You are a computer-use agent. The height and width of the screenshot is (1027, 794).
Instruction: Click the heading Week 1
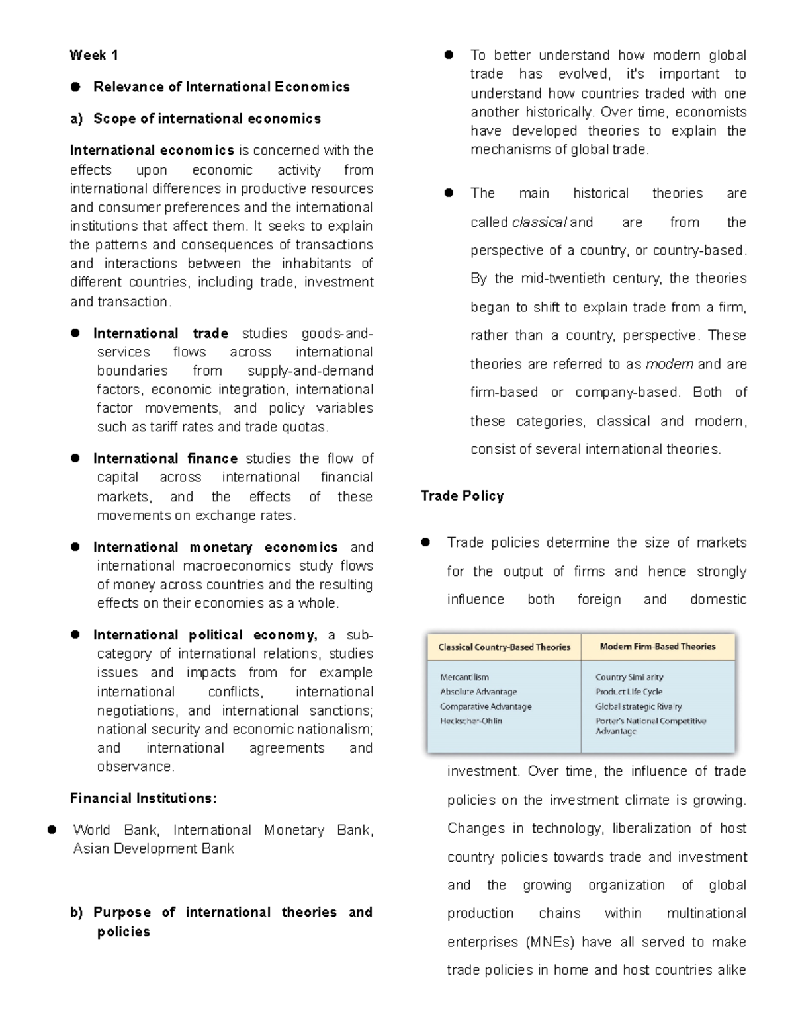pyautogui.click(x=93, y=55)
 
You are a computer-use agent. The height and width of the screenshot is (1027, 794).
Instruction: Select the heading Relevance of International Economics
pyautogui.click(x=221, y=87)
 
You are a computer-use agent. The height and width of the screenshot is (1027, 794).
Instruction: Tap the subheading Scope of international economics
pyautogui.click(x=206, y=118)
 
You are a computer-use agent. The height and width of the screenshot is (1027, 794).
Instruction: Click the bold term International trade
pyautogui.click(x=161, y=333)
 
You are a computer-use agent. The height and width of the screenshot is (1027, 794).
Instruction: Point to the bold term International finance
pyautogui.click(x=165, y=458)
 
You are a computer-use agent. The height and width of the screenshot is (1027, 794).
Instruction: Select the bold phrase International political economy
pyautogui.click(x=205, y=635)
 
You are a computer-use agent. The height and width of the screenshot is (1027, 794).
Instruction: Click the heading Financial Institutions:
pyautogui.click(x=143, y=798)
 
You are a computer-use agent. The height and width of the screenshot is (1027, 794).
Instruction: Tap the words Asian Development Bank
pyautogui.click(x=154, y=848)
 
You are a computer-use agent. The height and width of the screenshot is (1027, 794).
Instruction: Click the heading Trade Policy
pyautogui.click(x=462, y=495)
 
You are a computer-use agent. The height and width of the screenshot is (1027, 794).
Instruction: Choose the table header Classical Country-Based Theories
pyautogui.click(x=504, y=647)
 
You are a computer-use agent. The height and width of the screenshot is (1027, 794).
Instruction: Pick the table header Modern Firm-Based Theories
pyautogui.click(x=657, y=647)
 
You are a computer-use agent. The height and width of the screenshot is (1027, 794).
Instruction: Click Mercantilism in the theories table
pyautogui.click(x=464, y=677)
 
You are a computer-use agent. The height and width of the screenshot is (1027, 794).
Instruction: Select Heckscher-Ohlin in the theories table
pyautogui.click(x=471, y=721)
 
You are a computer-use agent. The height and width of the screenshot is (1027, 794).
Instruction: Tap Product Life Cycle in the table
pyautogui.click(x=629, y=692)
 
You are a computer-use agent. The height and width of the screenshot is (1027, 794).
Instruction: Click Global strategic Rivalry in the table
pyautogui.click(x=639, y=706)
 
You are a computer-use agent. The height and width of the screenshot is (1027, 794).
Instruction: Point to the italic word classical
pyautogui.click(x=539, y=222)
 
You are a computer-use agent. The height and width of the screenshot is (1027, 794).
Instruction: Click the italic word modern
pyautogui.click(x=669, y=364)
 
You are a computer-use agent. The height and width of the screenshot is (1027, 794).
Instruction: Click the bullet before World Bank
pyautogui.click(x=52, y=830)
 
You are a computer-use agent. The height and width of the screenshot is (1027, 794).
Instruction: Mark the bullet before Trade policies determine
pyautogui.click(x=425, y=542)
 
